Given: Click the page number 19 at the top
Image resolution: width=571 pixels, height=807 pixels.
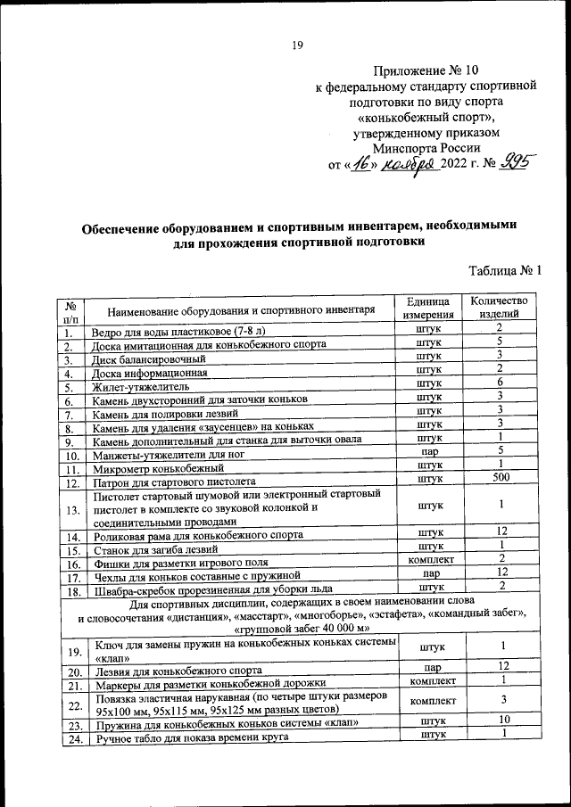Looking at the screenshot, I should (298, 46).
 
